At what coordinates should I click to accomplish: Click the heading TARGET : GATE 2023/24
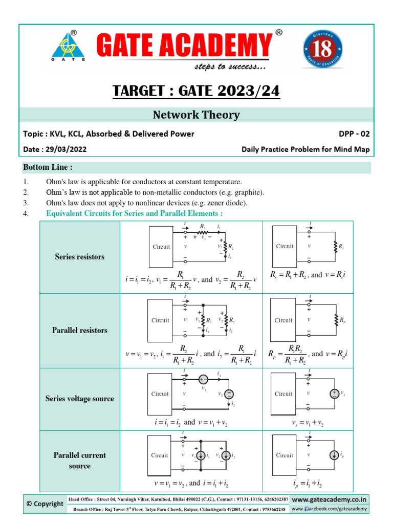point(196,92)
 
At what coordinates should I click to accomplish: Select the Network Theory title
point(196,115)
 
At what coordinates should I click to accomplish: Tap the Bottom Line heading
point(48,167)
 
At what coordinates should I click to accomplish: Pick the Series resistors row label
point(79,257)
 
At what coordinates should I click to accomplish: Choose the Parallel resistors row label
point(79,331)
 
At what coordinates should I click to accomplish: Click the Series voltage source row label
point(79,399)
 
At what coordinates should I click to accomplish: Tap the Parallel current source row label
point(79,461)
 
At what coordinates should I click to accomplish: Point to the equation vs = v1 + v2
point(306,424)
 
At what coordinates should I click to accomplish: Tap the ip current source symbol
point(334,455)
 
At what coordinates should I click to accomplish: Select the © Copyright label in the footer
point(45,504)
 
